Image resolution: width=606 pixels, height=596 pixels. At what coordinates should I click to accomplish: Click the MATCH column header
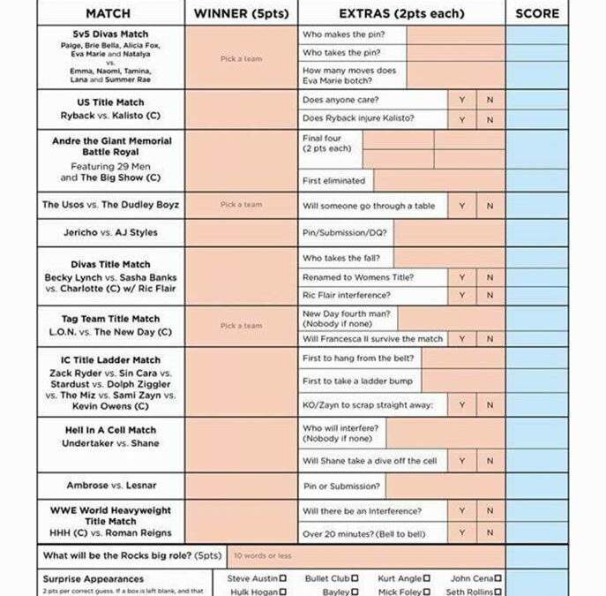pyautogui.click(x=109, y=13)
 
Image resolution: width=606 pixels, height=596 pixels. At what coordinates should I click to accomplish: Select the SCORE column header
pyautogui.click(x=537, y=13)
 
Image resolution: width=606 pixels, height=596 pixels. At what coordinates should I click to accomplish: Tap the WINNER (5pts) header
pyautogui.click(x=241, y=13)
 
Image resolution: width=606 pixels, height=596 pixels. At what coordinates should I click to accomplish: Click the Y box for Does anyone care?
pyautogui.click(x=461, y=100)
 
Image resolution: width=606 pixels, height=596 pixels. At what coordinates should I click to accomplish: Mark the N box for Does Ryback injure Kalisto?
pyautogui.click(x=490, y=119)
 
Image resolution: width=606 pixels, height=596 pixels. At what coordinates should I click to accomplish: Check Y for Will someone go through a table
pyautogui.click(x=461, y=206)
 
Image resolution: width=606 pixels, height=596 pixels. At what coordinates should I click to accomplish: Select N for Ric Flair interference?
pyautogui.click(x=490, y=295)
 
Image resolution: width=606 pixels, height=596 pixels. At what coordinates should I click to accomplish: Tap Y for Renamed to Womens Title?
pyautogui.click(x=461, y=277)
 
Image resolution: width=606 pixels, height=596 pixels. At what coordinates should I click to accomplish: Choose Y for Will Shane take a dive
pyautogui.click(x=461, y=461)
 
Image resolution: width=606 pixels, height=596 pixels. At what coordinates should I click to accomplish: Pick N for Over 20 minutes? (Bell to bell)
pyautogui.click(x=490, y=533)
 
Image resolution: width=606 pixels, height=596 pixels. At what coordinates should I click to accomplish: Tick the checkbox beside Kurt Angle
pyautogui.click(x=427, y=579)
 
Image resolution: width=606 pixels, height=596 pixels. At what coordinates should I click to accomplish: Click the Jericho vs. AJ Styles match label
pyautogui.click(x=110, y=233)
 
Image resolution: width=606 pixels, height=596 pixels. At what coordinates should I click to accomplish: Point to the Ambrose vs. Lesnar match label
pyautogui.click(x=110, y=486)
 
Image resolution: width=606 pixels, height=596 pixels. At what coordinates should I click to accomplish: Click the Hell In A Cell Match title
pyautogui.click(x=110, y=430)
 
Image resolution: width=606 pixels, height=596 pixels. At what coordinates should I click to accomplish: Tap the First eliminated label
pyautogui.click(x=333, y=181)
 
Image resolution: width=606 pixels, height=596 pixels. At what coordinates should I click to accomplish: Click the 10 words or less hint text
pyautogui.click(x=262, y=556)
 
